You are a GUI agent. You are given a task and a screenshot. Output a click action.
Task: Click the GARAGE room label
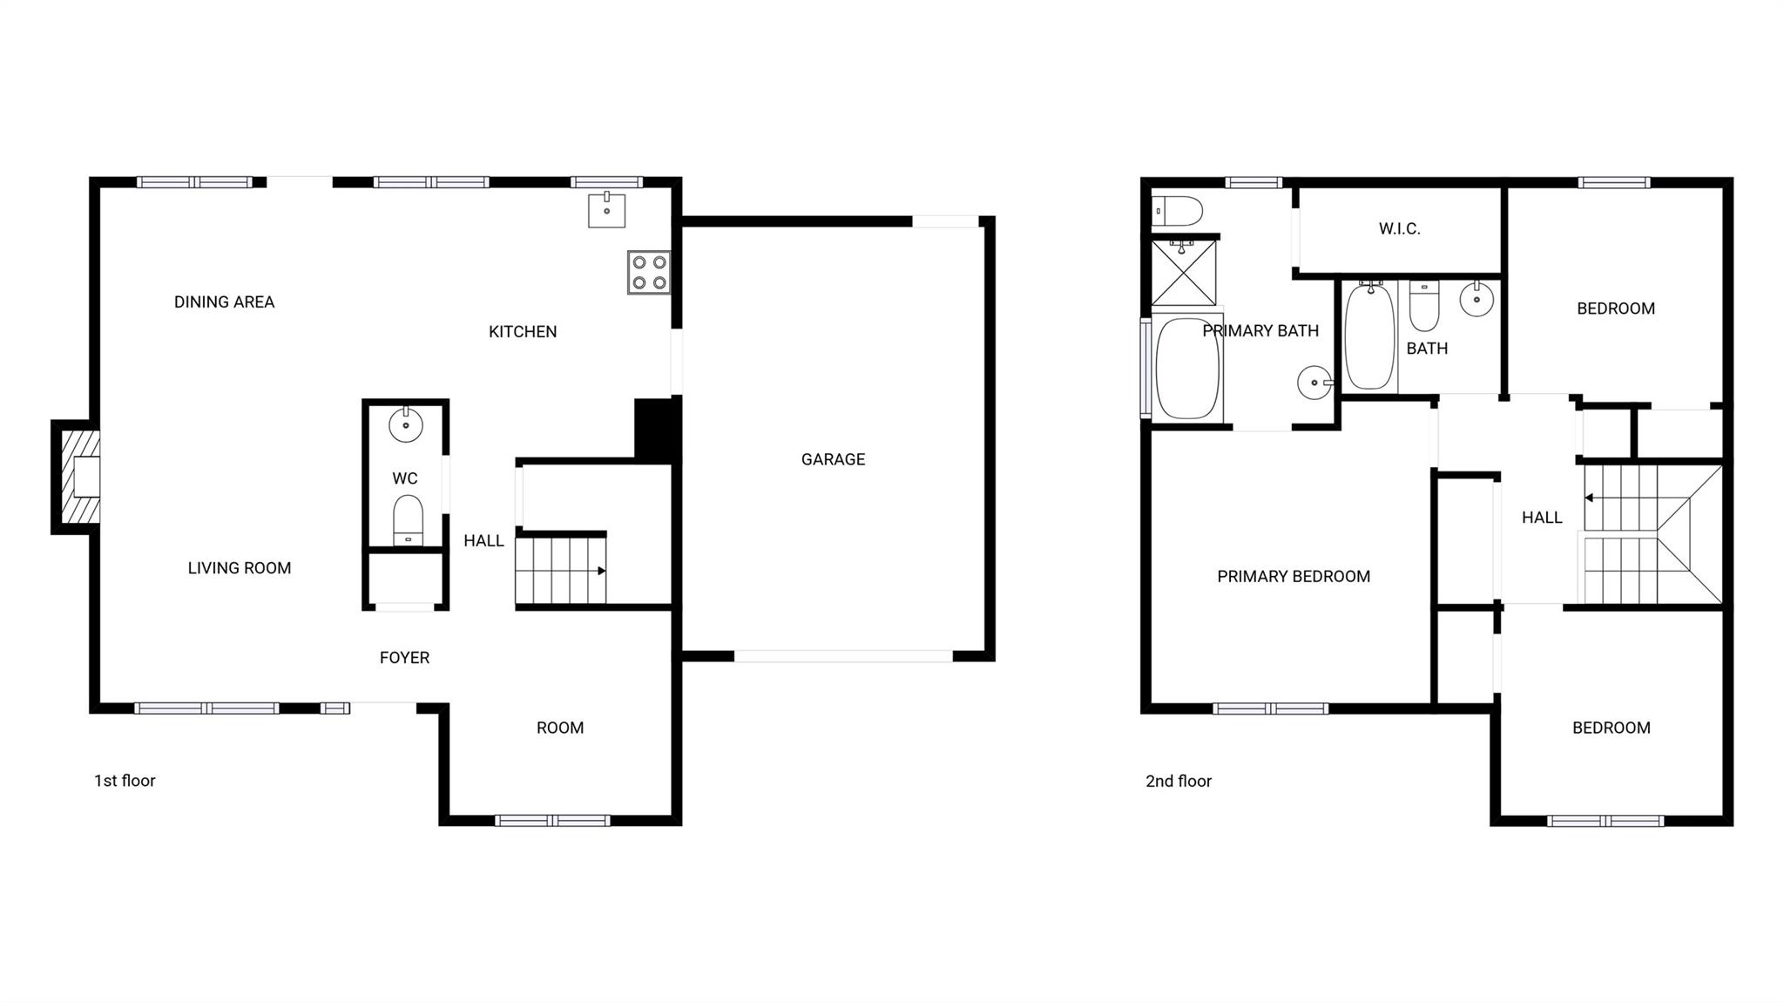coord(833,459)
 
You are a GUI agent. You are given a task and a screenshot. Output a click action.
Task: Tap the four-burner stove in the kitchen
coord(649,272)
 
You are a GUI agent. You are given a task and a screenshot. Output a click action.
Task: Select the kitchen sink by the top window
coord(606,210)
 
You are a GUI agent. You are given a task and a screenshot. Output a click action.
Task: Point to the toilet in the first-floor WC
coord(408,519)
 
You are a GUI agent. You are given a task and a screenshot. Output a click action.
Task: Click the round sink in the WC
coord(405,425)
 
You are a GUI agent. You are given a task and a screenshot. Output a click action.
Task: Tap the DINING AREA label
coord(224,302)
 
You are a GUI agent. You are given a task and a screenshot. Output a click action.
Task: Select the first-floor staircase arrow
coord(601,571)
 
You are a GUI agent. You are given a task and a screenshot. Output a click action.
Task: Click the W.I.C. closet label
coord(1399,229)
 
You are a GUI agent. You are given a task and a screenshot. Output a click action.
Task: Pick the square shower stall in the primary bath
coord(1184,273)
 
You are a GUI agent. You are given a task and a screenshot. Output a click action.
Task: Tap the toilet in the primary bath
coord(1176,211)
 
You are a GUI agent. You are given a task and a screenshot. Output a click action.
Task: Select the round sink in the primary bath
coord(1314,383)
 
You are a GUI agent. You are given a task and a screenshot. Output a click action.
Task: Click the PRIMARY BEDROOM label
coord(1293,576)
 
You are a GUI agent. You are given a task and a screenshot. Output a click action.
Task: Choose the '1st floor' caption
coord(125,781)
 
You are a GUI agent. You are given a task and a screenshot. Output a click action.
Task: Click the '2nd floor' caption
coord(1178,781)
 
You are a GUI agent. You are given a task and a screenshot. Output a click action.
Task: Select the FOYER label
coord(404,658)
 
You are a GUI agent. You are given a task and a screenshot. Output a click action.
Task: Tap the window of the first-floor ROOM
coord(552,820)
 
